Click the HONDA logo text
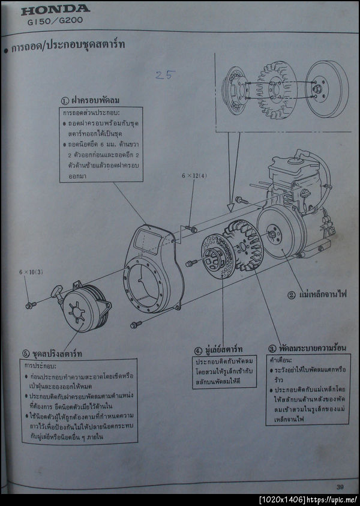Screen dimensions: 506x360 tap(55, 9)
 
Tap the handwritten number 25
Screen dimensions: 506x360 tap(164, 75)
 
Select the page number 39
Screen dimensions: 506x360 tap(340, 486)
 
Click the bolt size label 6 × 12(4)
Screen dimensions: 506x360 tap(194, 176)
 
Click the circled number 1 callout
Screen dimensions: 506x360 tap(65, 100)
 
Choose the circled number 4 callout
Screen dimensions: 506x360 tap(198, 349)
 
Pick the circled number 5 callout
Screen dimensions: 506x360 tap(25, 352)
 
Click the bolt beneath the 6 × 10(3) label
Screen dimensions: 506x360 tap(30, 305)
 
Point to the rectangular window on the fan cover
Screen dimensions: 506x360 tap(147, 240)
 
